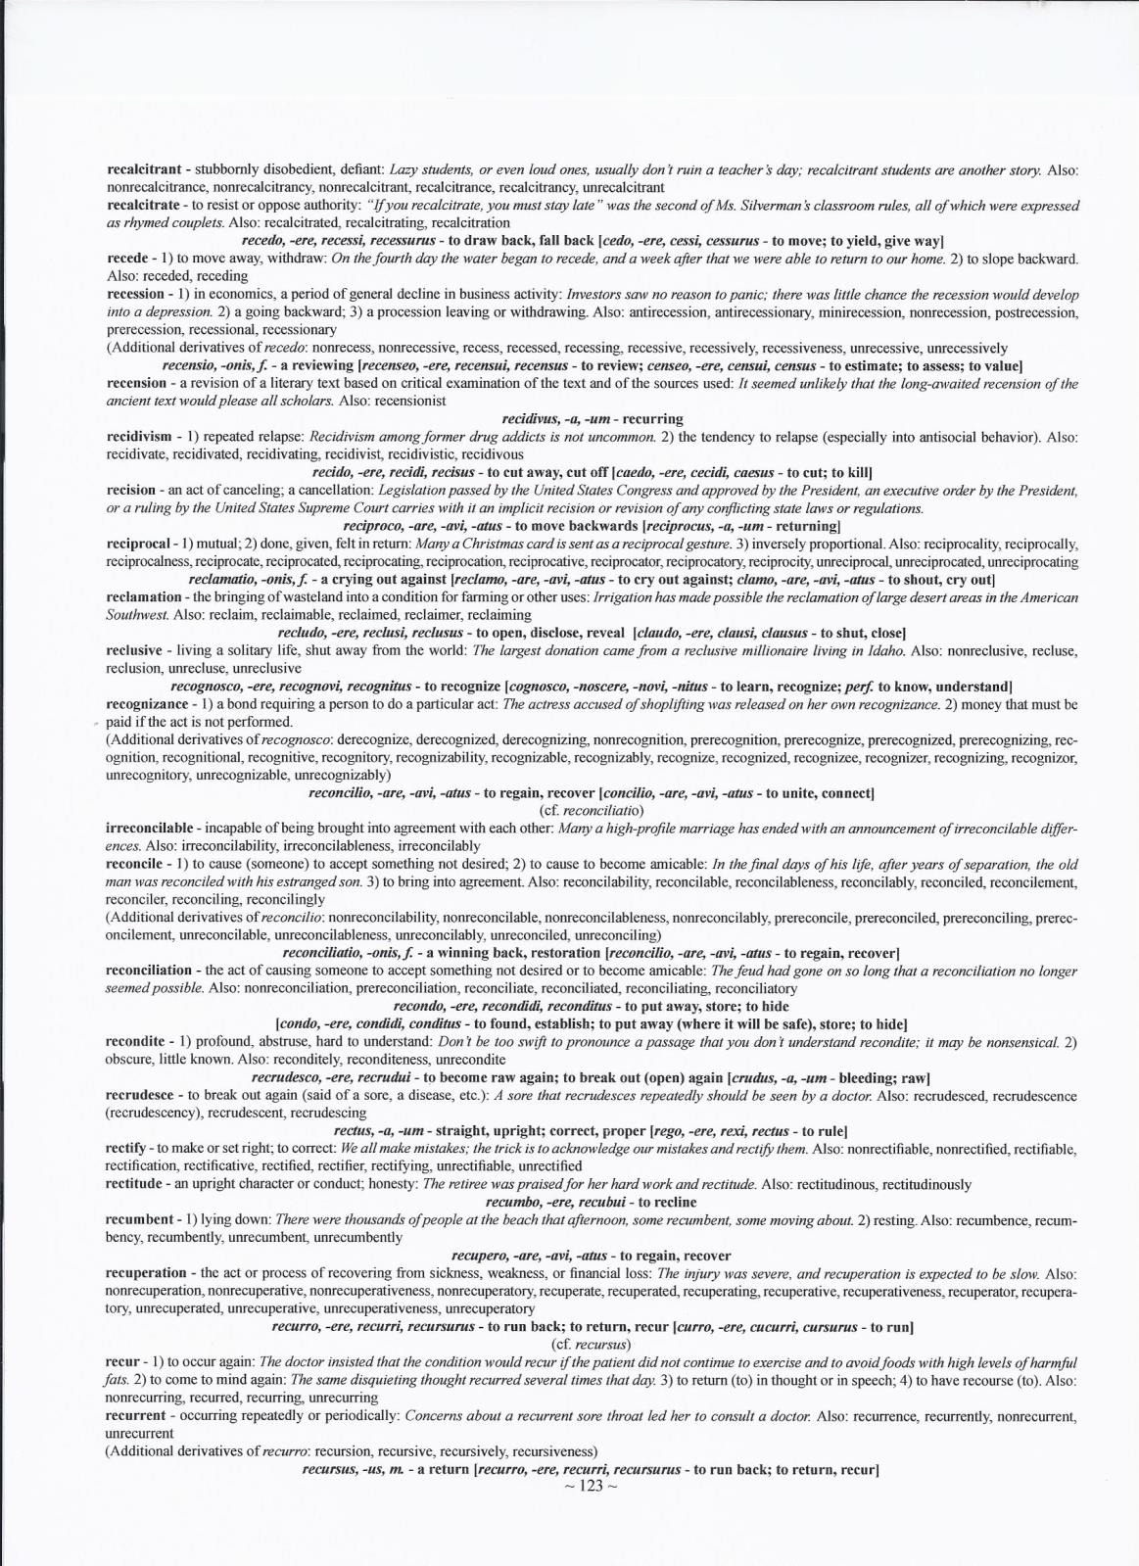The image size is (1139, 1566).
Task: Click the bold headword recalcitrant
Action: (142, 170)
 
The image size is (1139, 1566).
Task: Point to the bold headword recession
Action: (135, 294)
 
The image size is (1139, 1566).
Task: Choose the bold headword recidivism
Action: (138, 437)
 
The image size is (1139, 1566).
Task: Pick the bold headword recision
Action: (130, 490)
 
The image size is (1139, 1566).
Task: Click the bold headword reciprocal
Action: (136, 543)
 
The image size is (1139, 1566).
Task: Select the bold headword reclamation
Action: (143, 596)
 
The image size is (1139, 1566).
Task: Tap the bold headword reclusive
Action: (133, 650)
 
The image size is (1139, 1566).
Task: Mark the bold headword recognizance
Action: (146, 704)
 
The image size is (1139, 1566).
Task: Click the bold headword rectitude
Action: (134, 1184)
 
